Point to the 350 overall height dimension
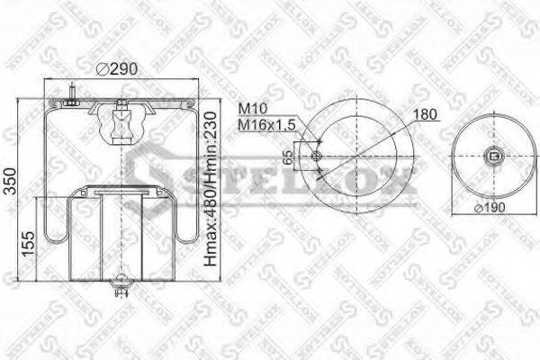(10, 180)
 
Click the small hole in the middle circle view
(316, 158)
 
